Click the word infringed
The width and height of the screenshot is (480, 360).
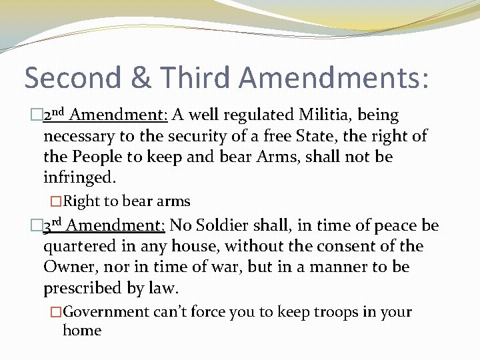pyautogui.click(x=79, y=179)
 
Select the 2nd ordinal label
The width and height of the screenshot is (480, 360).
pyautogui.click(x=54, y=115)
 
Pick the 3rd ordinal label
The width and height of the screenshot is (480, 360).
pyautogui.click(x=53, y=225)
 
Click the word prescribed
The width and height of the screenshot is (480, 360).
pyautogui.click(x=83, y=289)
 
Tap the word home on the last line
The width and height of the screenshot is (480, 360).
pyautogui.click(x=81, y=331)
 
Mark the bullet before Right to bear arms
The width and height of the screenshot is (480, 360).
pyautogui.click(x=56, y=201)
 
